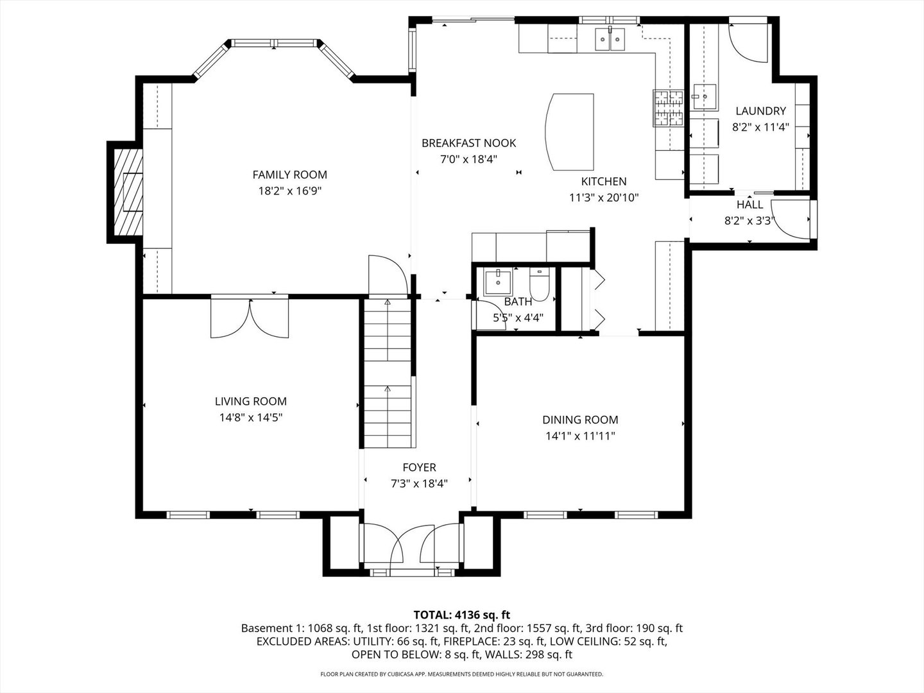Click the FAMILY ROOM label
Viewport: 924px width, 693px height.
(289, 175)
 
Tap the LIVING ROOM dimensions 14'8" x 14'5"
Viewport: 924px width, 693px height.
(250, 418)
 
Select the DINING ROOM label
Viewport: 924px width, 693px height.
(580, 420)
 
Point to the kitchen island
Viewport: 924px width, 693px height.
(569, 132)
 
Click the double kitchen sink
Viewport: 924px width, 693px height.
(610, 39)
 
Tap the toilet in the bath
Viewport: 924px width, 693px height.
(540, 284)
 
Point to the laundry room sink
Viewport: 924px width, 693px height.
(703, 96)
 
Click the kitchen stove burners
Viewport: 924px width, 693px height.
(668, 108)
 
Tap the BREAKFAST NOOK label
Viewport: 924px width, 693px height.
(468, 144)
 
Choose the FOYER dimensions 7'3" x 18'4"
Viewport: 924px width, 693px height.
(419, 484)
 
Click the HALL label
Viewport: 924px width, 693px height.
(749, 205)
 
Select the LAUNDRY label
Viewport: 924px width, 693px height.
(760, 111)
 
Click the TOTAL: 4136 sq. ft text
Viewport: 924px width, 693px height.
(462, 615)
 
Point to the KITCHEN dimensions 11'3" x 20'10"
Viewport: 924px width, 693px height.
(604, 198)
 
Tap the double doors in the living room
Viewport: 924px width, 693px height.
(250, 318)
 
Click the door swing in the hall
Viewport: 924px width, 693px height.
(790, 219)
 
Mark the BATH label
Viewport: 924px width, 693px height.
(518, 302)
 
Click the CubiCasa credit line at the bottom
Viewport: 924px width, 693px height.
(462, 674)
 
